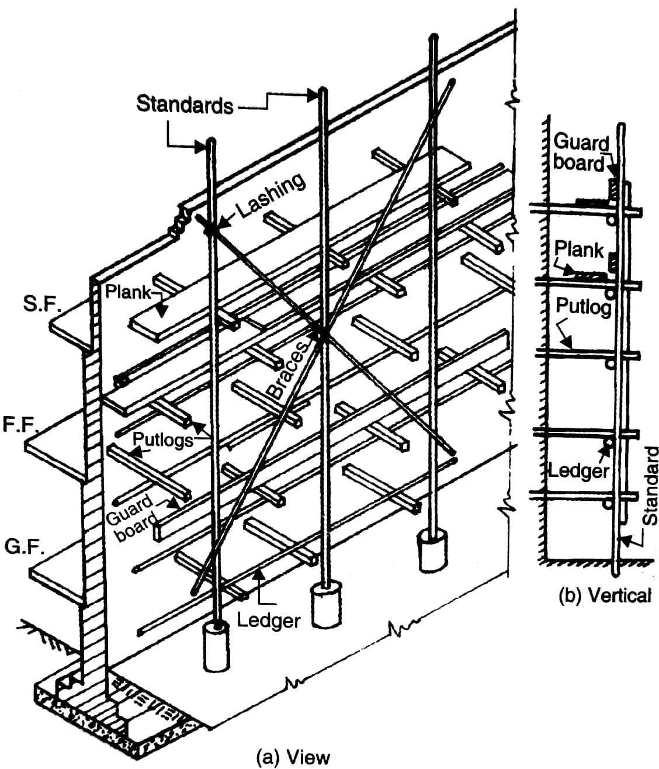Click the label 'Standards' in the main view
[x=184, y=105]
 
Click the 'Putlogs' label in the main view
[x=162, y=439]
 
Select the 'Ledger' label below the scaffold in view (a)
[x=268, y=620]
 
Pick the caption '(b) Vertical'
[x=604, y=595]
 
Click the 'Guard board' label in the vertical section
[x=580, y=153]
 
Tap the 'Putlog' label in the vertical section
[x=583, y=306]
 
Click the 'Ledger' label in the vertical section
[x=578, y=470]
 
